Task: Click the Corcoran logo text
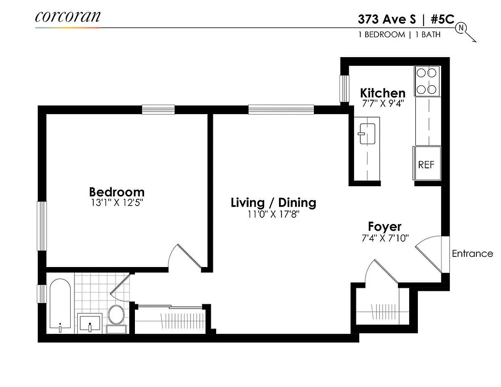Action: pos(68,16)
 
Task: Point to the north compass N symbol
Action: pos(461,28)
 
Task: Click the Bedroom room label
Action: pos(117,192)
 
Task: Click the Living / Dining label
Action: pos(273,202)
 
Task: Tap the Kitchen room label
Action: pos(383,92)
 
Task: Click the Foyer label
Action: pos(384,226)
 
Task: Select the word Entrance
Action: pos(472,253)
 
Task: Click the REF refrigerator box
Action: pos(427,164)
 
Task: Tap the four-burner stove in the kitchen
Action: pos(427,81)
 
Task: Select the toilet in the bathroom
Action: pos(116,317)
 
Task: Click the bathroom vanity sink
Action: pos(89,322)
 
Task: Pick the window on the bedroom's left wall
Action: pos(42,226)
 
